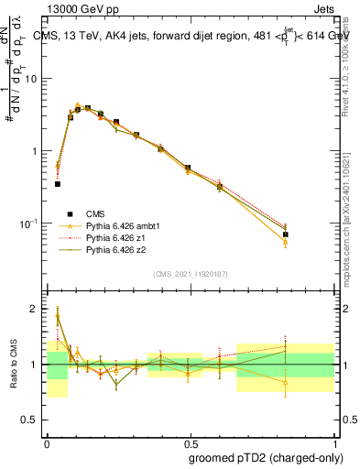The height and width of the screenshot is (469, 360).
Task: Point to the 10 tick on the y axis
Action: (32, 79)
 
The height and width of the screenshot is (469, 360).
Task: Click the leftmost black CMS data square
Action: (58, 184)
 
